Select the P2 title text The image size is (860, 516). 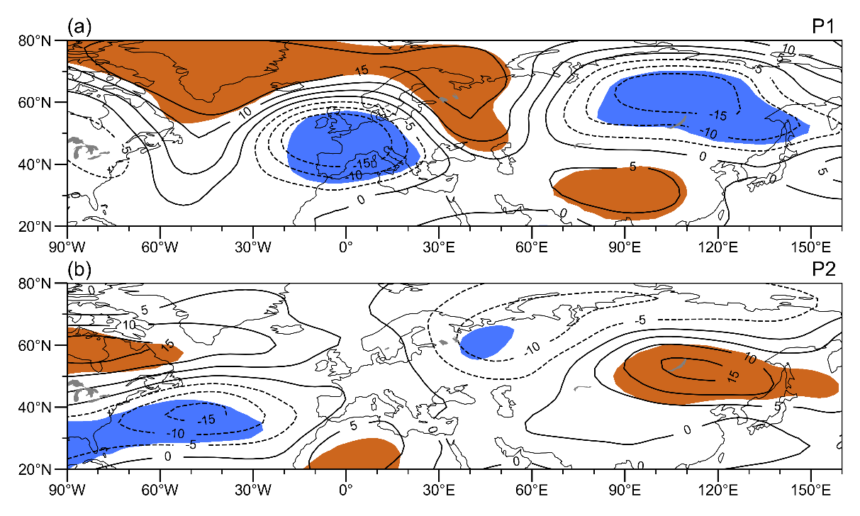tap(826, 270)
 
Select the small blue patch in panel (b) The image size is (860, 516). tap(486, 342)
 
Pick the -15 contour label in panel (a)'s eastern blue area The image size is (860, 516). tap(718, 115)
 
